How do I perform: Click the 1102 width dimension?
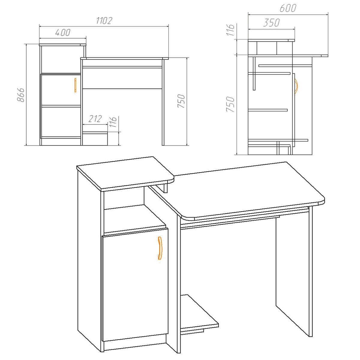point(104,20)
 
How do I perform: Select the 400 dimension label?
point(62,32)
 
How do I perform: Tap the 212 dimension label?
point(95,119)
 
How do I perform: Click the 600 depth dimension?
point(288,8)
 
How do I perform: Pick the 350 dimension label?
point(271,23)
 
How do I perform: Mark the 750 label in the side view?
point(230,104)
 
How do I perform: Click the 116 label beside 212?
point(113,122)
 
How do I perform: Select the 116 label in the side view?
point(230,30)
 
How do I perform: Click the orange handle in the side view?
point(296,86)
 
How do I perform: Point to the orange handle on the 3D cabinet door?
point(159,247)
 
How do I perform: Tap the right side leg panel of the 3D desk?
point(294,270)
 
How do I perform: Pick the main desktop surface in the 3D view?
point(246,189)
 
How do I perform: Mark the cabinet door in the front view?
point(60,89)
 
